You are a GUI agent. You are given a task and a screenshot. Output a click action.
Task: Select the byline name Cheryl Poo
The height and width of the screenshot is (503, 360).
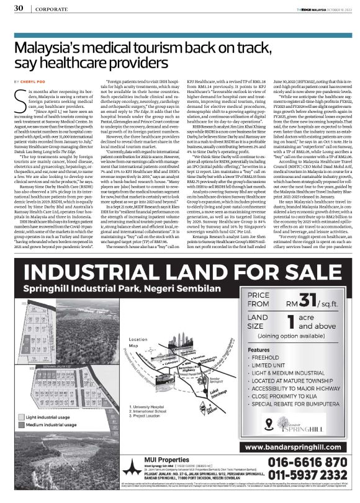pos(35,81)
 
